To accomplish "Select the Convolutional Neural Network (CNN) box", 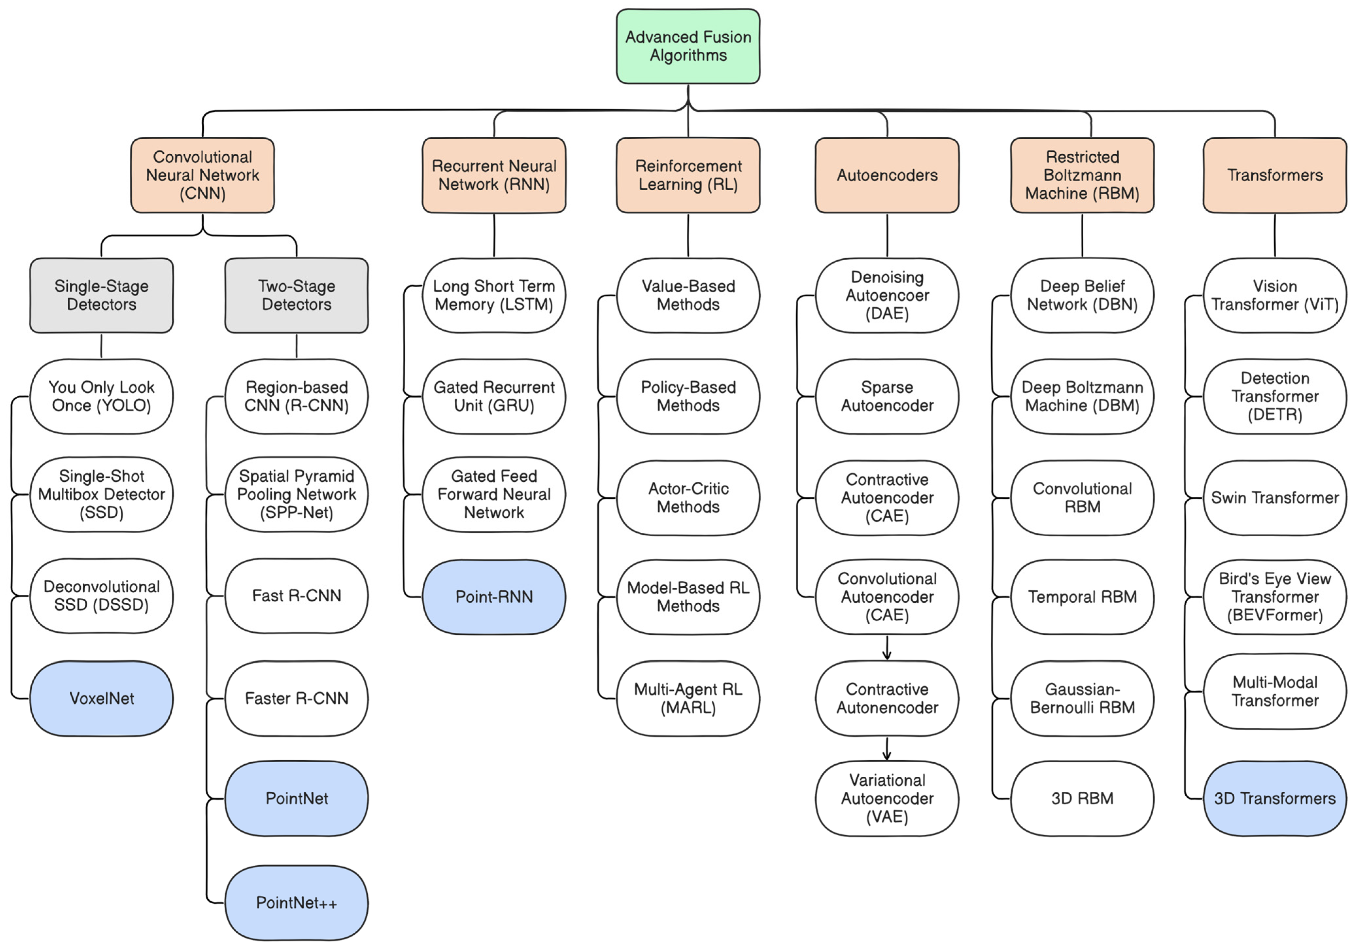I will [202, 175].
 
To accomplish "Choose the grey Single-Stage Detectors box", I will [101, 295].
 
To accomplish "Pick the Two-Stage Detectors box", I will [296, 295].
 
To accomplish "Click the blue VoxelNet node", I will [101, 698].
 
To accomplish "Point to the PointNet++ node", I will [296, 903].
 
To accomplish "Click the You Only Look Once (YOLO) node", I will [101, 396].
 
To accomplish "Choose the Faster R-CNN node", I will [296, 698].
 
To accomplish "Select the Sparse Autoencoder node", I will [887, 396].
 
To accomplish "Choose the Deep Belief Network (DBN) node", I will [1082, 295].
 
